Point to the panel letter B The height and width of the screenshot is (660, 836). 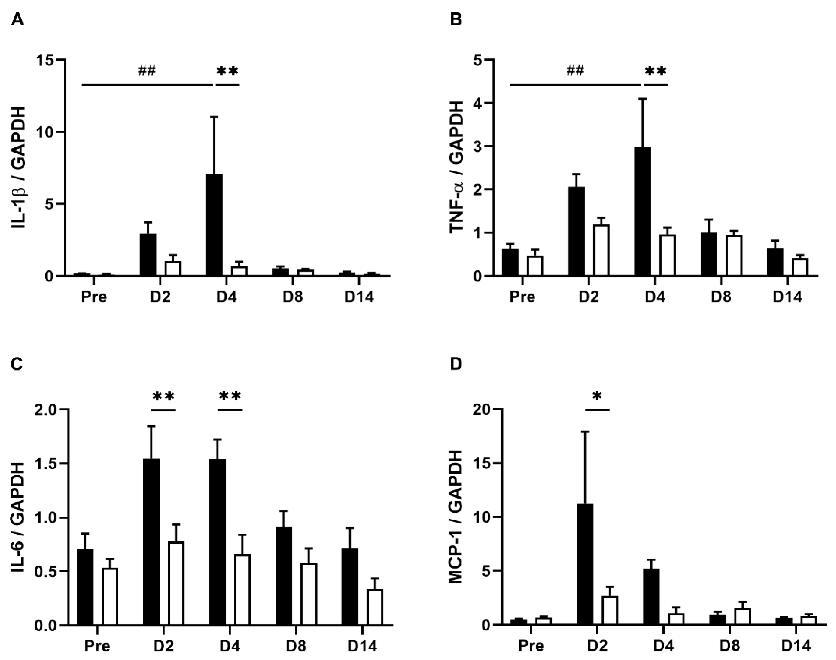(456, 19)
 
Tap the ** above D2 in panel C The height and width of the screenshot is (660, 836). (164, 397)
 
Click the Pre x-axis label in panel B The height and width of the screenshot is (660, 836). (522, 297)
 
